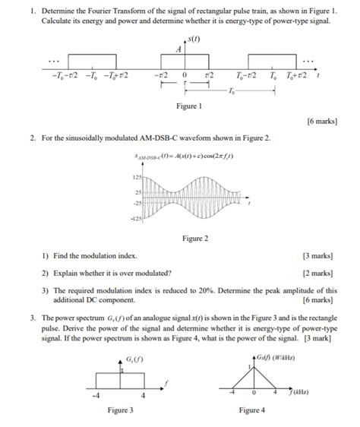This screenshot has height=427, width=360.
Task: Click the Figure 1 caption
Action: (x=188, y=106)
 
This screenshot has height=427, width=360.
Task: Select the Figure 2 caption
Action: (x=194, y=239)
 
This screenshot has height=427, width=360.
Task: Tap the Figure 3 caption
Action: (x=120, y=410)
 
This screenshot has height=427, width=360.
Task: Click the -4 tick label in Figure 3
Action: (x=95, y=396)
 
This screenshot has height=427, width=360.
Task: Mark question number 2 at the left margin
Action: (x=33, y=139)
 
